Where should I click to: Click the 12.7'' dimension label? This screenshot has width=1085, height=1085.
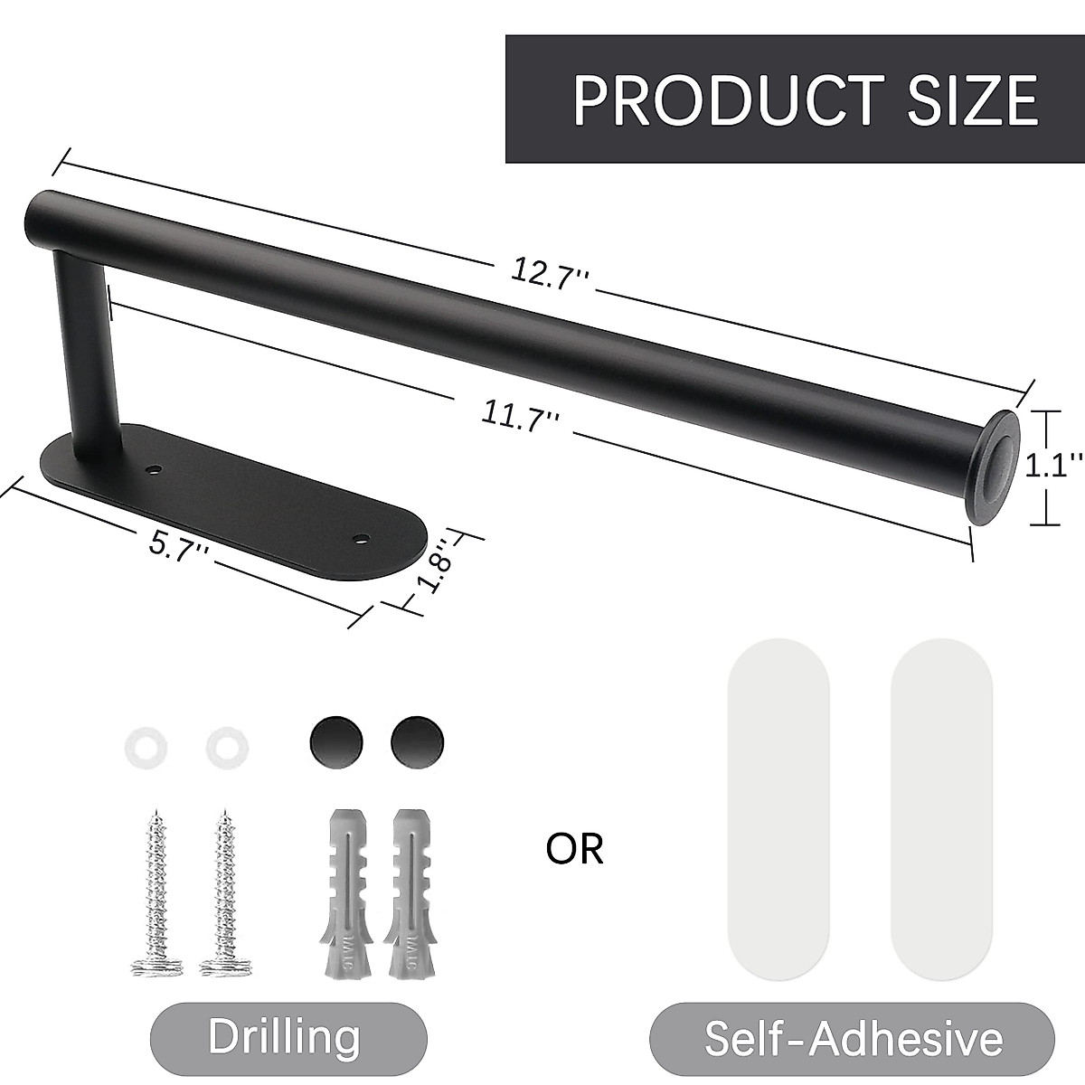tap(551, 271)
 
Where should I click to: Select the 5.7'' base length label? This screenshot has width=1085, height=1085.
tap(179, 545)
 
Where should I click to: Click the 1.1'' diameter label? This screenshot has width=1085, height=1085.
tap(1052, 467)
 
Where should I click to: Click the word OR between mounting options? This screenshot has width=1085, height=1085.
tap(574, 849)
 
